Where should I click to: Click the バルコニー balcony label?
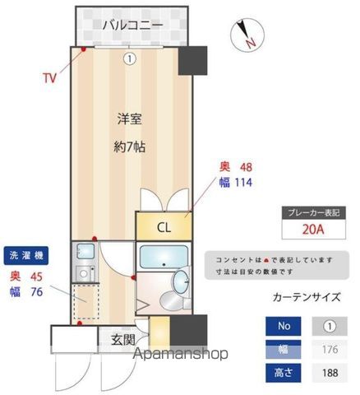(x=132, y=25)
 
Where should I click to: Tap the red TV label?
(x=50, y=79)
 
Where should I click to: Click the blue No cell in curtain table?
(x=284, y=327)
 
